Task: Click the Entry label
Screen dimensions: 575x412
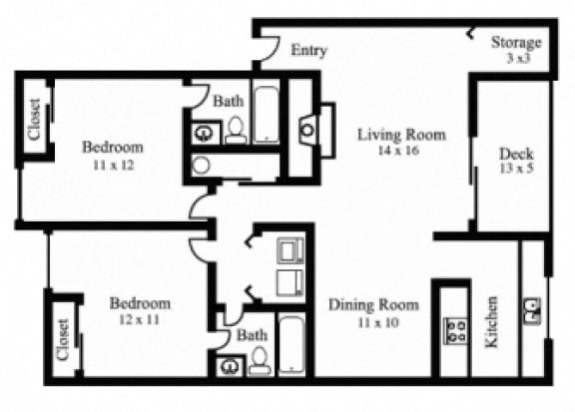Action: [x=308, y=51]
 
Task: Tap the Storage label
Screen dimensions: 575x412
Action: [x=516, y=43]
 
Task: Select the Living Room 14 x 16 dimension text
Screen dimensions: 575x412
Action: [x=398, y=151]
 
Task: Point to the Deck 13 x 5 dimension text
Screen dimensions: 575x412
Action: [x=517, y=169]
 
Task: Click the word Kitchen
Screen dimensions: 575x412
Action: [x=492, y=322]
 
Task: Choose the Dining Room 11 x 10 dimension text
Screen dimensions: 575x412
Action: [x=378, y=322]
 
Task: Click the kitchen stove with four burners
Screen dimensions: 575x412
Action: [x=455, y=331]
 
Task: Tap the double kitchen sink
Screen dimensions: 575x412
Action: [x=532, y=311]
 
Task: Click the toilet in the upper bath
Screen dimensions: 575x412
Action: [x=236, y=130]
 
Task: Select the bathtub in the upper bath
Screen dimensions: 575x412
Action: [x=266, y=115]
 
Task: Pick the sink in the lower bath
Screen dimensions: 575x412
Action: [x=230, y=366]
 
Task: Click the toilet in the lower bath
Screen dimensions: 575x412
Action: [x=260, y=361]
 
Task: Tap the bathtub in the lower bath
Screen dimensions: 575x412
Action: [x=291, y=345]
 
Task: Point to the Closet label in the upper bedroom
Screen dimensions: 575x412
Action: [x=34, y=120]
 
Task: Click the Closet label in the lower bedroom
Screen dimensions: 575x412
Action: [x=63, y=340]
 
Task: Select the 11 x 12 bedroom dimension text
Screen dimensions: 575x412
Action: [x=114, y=166]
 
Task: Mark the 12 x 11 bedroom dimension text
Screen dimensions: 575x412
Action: [x=140, y=320]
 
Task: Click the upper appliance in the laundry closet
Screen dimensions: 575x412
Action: [x=290, y=250]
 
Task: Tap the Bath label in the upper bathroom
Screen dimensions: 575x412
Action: [x=229, y=101]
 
